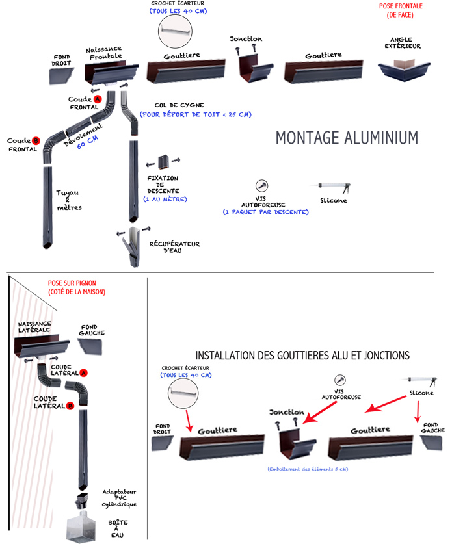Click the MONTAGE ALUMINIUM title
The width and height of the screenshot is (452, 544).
[346, 138]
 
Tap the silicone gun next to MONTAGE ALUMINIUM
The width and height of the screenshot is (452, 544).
[336, 188]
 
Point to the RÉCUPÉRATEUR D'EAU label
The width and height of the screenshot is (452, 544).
[181, 247]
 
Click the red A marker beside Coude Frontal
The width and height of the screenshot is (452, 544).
[98, 99]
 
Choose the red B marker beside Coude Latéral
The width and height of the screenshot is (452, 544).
[70, 406]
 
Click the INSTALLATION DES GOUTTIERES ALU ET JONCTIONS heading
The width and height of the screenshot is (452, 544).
[302, 356]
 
